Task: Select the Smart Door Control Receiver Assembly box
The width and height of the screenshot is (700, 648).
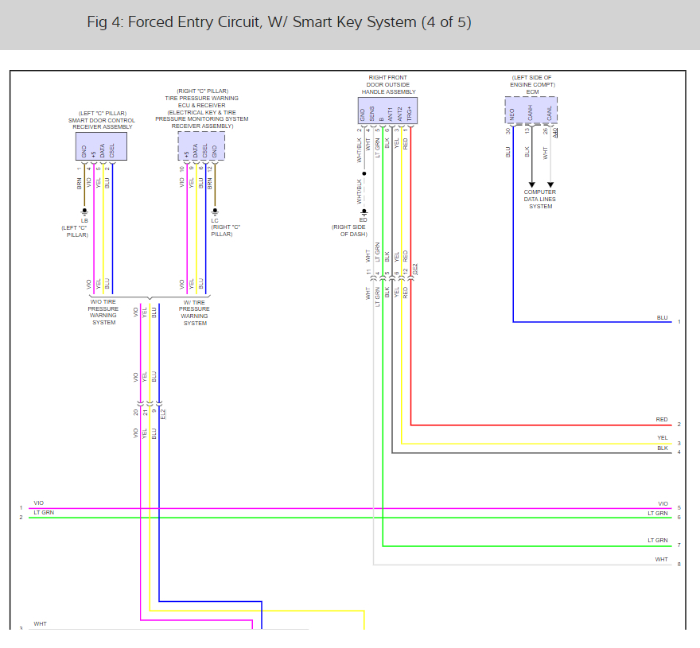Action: coord(101,146)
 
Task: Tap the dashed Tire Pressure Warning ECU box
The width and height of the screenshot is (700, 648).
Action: coord(200,146)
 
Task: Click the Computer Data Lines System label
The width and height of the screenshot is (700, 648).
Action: coord(539,200)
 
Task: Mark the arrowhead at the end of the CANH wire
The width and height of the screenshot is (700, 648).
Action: coord(531,184)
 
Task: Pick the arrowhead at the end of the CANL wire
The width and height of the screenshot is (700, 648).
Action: coord(550,184)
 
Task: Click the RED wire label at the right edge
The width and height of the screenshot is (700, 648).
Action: coord(662,420)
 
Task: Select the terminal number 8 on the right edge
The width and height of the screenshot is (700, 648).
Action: coord(679,565)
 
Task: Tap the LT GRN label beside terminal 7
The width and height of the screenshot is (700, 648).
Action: coord(657,541)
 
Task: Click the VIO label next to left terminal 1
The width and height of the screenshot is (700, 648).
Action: coord(39,503)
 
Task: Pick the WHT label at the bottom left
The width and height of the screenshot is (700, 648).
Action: coord(40,624)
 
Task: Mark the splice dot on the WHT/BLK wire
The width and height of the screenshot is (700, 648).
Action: coord(364,173)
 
